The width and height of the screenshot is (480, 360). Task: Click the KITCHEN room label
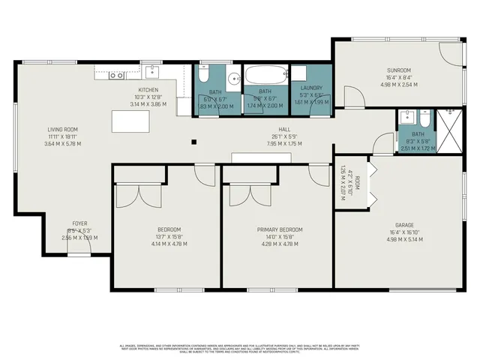point(147,89)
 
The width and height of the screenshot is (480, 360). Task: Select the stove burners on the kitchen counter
point(116,75)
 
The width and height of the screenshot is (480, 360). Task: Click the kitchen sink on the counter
point(153,73)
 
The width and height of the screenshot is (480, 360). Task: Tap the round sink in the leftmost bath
point(233,77)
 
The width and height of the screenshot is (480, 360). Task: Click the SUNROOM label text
point(398,70)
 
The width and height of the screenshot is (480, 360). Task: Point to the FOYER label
point(79,223)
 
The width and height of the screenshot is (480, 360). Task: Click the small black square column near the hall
point(193,142)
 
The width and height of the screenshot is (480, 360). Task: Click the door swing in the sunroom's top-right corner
point(448,52)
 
